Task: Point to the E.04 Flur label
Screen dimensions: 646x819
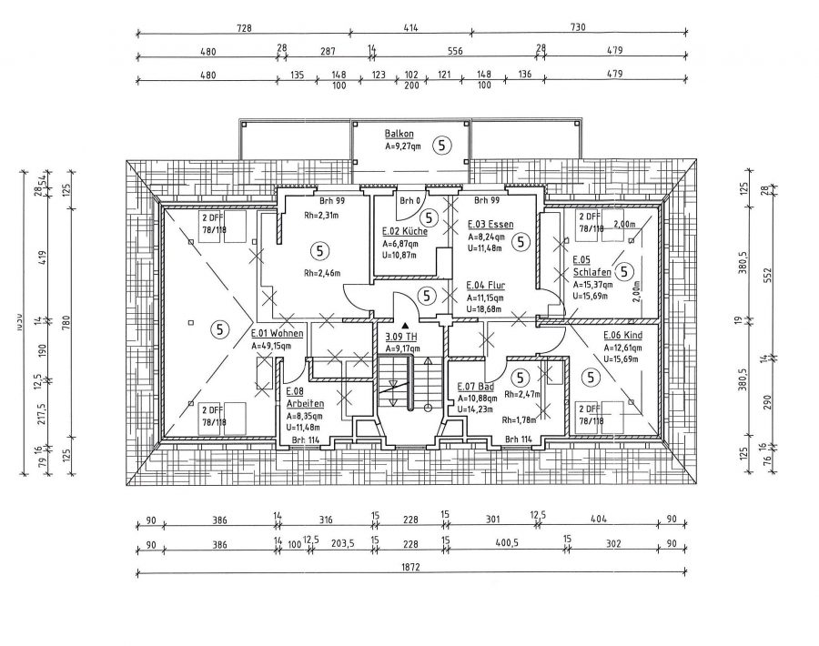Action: (486, 285)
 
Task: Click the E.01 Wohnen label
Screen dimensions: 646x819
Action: (277, 334)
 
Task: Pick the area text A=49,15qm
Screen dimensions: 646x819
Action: (277, 346)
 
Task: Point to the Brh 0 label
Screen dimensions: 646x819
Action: (409, 200)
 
